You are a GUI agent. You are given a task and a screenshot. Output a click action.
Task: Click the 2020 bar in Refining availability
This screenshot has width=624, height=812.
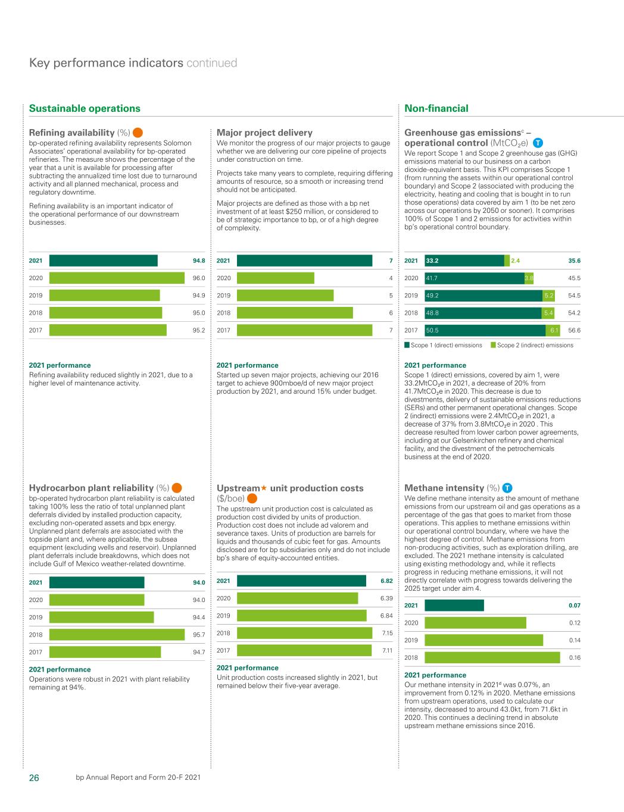[117, 278]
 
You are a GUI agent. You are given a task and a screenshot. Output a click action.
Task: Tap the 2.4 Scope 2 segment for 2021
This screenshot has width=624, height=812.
[507, 261]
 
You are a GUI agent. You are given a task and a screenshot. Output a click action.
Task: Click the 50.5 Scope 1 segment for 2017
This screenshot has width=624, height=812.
[485, 330]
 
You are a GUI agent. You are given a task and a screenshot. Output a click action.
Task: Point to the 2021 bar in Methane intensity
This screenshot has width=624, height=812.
[454, 606]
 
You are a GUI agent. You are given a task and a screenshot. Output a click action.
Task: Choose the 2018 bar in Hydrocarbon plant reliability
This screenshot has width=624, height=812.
[117, 635]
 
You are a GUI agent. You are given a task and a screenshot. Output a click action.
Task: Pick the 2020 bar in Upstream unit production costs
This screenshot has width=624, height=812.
[298, 598]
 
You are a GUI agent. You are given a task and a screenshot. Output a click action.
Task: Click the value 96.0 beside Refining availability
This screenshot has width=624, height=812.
[198, 278]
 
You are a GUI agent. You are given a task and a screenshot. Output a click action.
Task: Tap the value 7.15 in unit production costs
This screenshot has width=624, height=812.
[386, 633]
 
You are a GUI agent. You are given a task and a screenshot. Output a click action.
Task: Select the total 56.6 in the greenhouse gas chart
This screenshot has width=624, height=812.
[574, 330]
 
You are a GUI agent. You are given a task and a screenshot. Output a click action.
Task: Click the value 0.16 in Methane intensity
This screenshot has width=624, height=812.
[575, 658]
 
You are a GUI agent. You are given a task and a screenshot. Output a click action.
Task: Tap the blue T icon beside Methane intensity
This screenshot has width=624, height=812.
[508, 488]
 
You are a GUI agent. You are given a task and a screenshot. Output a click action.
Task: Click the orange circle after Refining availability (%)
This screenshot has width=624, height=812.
[138, 133]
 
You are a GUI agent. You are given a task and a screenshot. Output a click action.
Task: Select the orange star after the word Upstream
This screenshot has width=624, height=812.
[264, 488]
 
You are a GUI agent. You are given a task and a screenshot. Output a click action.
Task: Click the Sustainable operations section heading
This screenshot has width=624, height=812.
[85, 108]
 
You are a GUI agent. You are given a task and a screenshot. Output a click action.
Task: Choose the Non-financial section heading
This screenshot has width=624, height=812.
[436, 108]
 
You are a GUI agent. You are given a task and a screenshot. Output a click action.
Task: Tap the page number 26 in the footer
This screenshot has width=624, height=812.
[34, 777]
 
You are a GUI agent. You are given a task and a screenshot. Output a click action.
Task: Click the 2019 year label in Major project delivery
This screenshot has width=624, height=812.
[223, 296]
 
